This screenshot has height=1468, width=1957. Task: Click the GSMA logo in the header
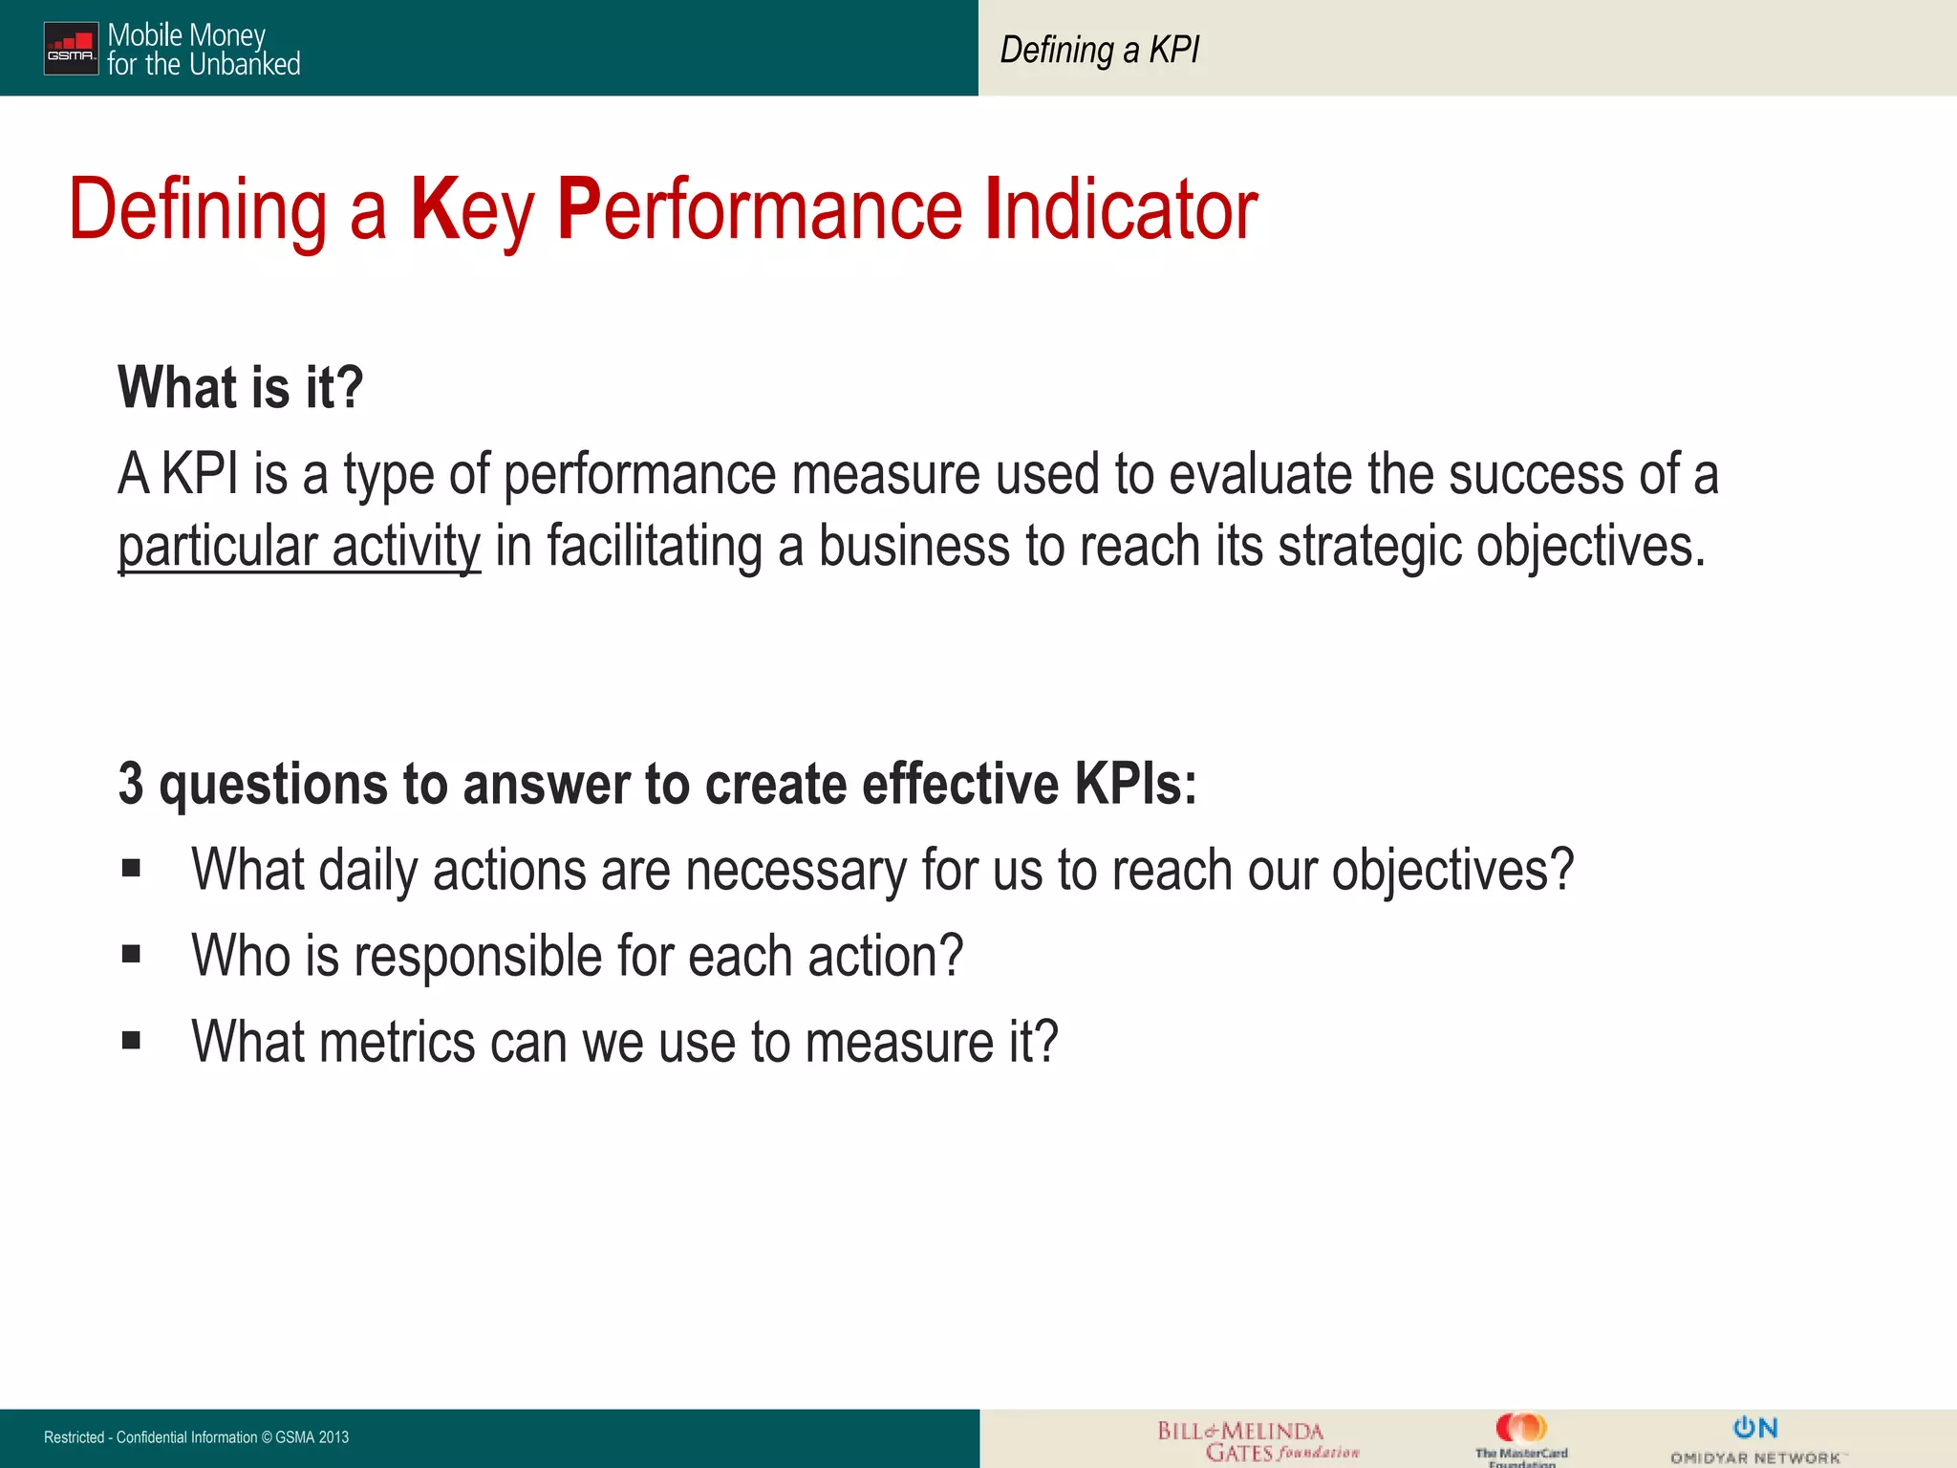[71, 48]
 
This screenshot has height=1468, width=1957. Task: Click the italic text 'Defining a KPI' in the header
[1099, 50]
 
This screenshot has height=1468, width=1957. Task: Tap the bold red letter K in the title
[435, 209]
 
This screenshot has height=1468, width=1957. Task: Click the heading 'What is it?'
[240, 388]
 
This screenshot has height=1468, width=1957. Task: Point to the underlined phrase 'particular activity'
[299, 547]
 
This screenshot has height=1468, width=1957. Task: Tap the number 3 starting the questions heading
[131, 785]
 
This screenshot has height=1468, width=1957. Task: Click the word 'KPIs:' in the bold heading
[1135, 785]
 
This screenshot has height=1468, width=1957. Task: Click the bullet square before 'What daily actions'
[131, 869]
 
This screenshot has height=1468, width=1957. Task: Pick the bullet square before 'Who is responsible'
[131, 954]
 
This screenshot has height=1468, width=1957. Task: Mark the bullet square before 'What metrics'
[131, 1040]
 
